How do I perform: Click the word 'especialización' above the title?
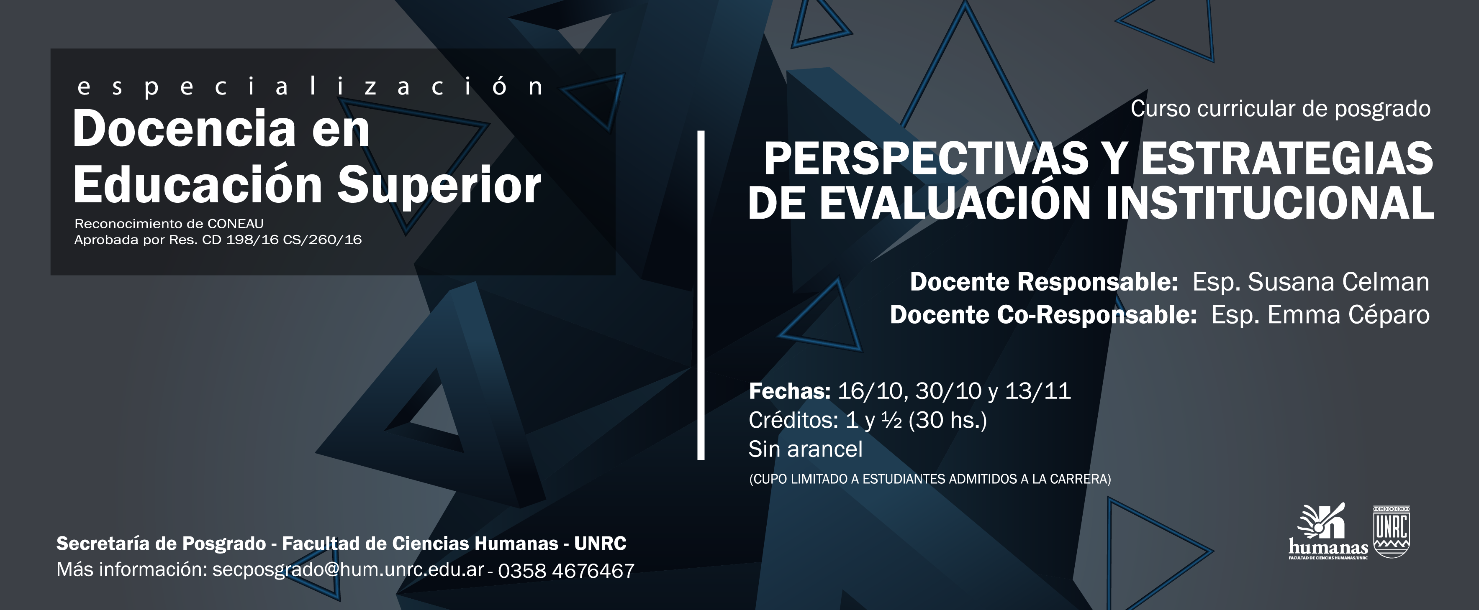click(x=310, y=87)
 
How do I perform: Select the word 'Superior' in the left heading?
click(x=439, y=185)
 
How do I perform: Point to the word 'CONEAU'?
click(x=235, y=224)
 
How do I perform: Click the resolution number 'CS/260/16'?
click(x=322, y=240)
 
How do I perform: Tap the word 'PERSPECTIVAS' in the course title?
click(x=926, y=158)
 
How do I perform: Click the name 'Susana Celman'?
click(x=1338, y=282)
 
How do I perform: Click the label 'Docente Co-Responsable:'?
click(x=1043, y=314)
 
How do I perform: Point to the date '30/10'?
click(x=948, y=391)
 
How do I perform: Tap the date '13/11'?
click(x=1038, y=391)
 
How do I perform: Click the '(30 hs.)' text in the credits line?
click(x=947, y=421)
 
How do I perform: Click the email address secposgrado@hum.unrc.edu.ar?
click(x=348, y=570)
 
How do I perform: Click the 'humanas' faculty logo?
click(x=1328, y=531)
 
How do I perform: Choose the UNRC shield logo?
click(x=1391, y=531)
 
